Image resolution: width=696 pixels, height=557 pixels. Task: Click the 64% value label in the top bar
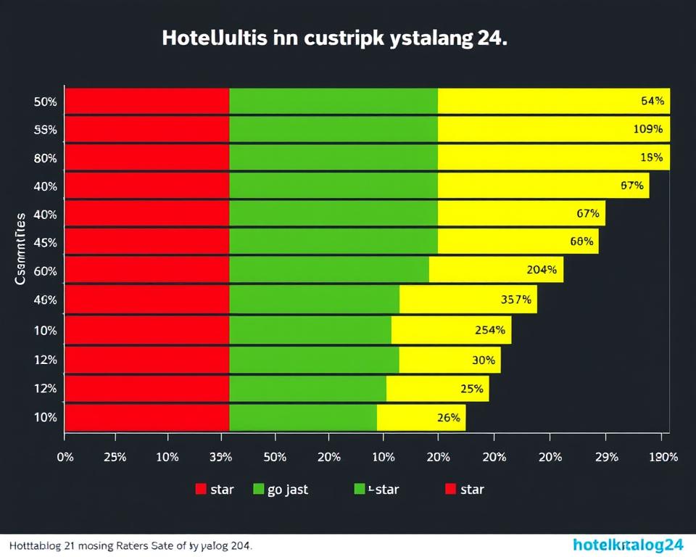pyautogui.click(x=652, y=102)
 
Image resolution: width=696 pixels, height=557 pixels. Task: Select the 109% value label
pyautogui.click(x=648, y=130)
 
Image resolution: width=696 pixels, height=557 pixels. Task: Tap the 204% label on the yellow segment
pyautogui.click(x=542, y=270)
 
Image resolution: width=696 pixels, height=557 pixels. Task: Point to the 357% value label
pyautogui.click(x=516, y=299)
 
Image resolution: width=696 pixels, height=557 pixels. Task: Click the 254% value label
pyautogui.click(x=489, y=330)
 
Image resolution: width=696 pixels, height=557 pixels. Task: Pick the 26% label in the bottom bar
pyautogui.click(x=449, y=418)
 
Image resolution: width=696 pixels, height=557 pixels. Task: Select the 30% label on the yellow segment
pyautogui.click(x=483, y=360)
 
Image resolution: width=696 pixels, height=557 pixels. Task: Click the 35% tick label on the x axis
pyautogui.click(x=220, y=458)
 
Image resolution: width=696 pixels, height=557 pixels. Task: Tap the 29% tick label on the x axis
pyautogui.click(x=606, y=458)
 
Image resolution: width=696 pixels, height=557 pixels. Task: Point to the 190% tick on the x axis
pyautogui.click(x=663, y=458)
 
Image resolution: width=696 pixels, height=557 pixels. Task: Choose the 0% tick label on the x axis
pyautogui.click(x=65, y=458)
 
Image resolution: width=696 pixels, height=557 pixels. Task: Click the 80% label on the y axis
pyautogui.click(x=45, y=158)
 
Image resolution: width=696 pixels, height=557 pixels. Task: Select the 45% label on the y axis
pyautogui.click(x=45, y=242)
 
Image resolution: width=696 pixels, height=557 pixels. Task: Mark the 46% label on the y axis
pyautogui.click(x=45, y=299)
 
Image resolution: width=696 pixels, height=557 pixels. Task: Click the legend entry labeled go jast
pyautogui.click(x=280, y=490)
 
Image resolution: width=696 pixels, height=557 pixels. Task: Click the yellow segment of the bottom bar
pyautogui.click(x=420, y=418)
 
